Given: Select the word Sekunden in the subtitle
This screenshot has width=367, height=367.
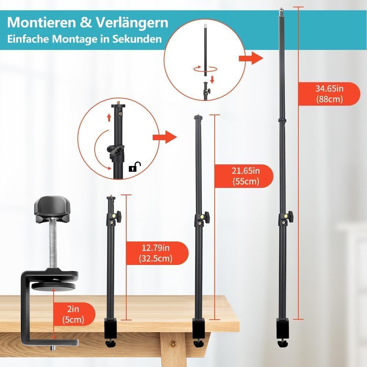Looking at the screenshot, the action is click(x=137, y=39).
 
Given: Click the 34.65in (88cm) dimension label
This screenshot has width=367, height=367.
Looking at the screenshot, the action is click(x=330, y=94).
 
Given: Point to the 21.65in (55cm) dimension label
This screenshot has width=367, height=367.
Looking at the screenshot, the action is click(x=246, y=176).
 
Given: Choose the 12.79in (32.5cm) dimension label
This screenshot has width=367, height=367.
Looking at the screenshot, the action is click(x=156, y=253).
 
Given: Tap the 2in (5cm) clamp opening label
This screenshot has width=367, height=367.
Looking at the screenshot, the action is click(x=73, y=315).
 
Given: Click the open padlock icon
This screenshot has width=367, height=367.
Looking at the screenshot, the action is click(x=135, y=167).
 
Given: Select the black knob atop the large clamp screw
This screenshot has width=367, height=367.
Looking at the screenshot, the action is click(x=52, y=209).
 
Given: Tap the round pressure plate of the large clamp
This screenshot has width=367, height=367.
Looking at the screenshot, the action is click(x=52, y=286).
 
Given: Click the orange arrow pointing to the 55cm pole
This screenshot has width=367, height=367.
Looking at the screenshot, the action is click(x=164, y=137).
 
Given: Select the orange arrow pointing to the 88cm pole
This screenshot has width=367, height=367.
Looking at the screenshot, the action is click(x=251, y=58).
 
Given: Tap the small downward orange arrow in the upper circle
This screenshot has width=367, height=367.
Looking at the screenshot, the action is click(x=212, y=79).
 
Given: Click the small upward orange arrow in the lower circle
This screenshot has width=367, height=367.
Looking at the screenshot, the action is click(x=109, y=117).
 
